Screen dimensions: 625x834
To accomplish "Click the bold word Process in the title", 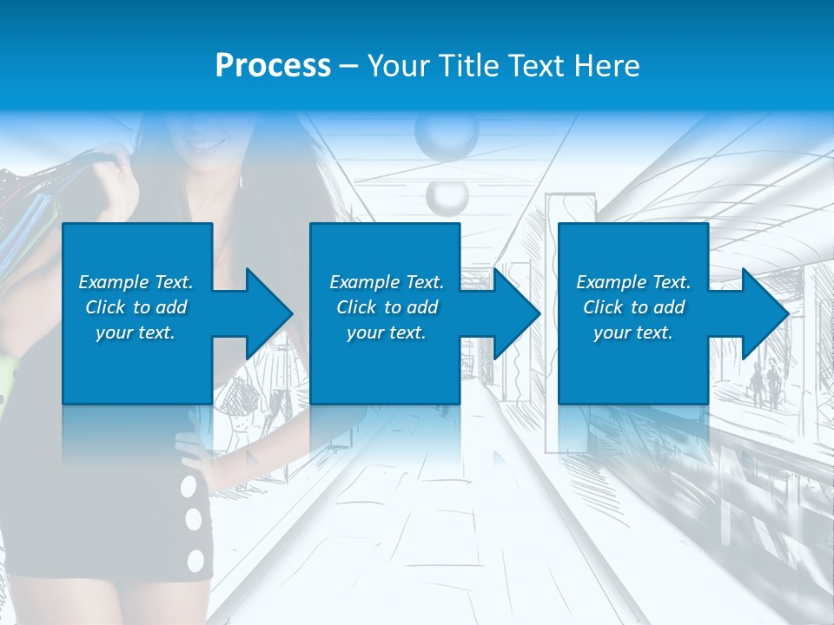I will click(273, 66).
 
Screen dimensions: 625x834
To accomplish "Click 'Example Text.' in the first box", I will click(136, 282).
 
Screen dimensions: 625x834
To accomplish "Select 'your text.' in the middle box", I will click(386, 333).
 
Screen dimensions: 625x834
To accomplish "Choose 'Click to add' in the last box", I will click(633, 307).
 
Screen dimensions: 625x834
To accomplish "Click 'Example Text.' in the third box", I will click(633, 282).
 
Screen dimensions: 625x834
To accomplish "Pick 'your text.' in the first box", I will click(136, 333).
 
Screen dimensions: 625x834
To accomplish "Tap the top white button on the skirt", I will click(188, 487).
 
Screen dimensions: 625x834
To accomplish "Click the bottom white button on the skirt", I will click(196, 560).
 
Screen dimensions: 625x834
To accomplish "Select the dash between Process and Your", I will click(348, 66).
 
